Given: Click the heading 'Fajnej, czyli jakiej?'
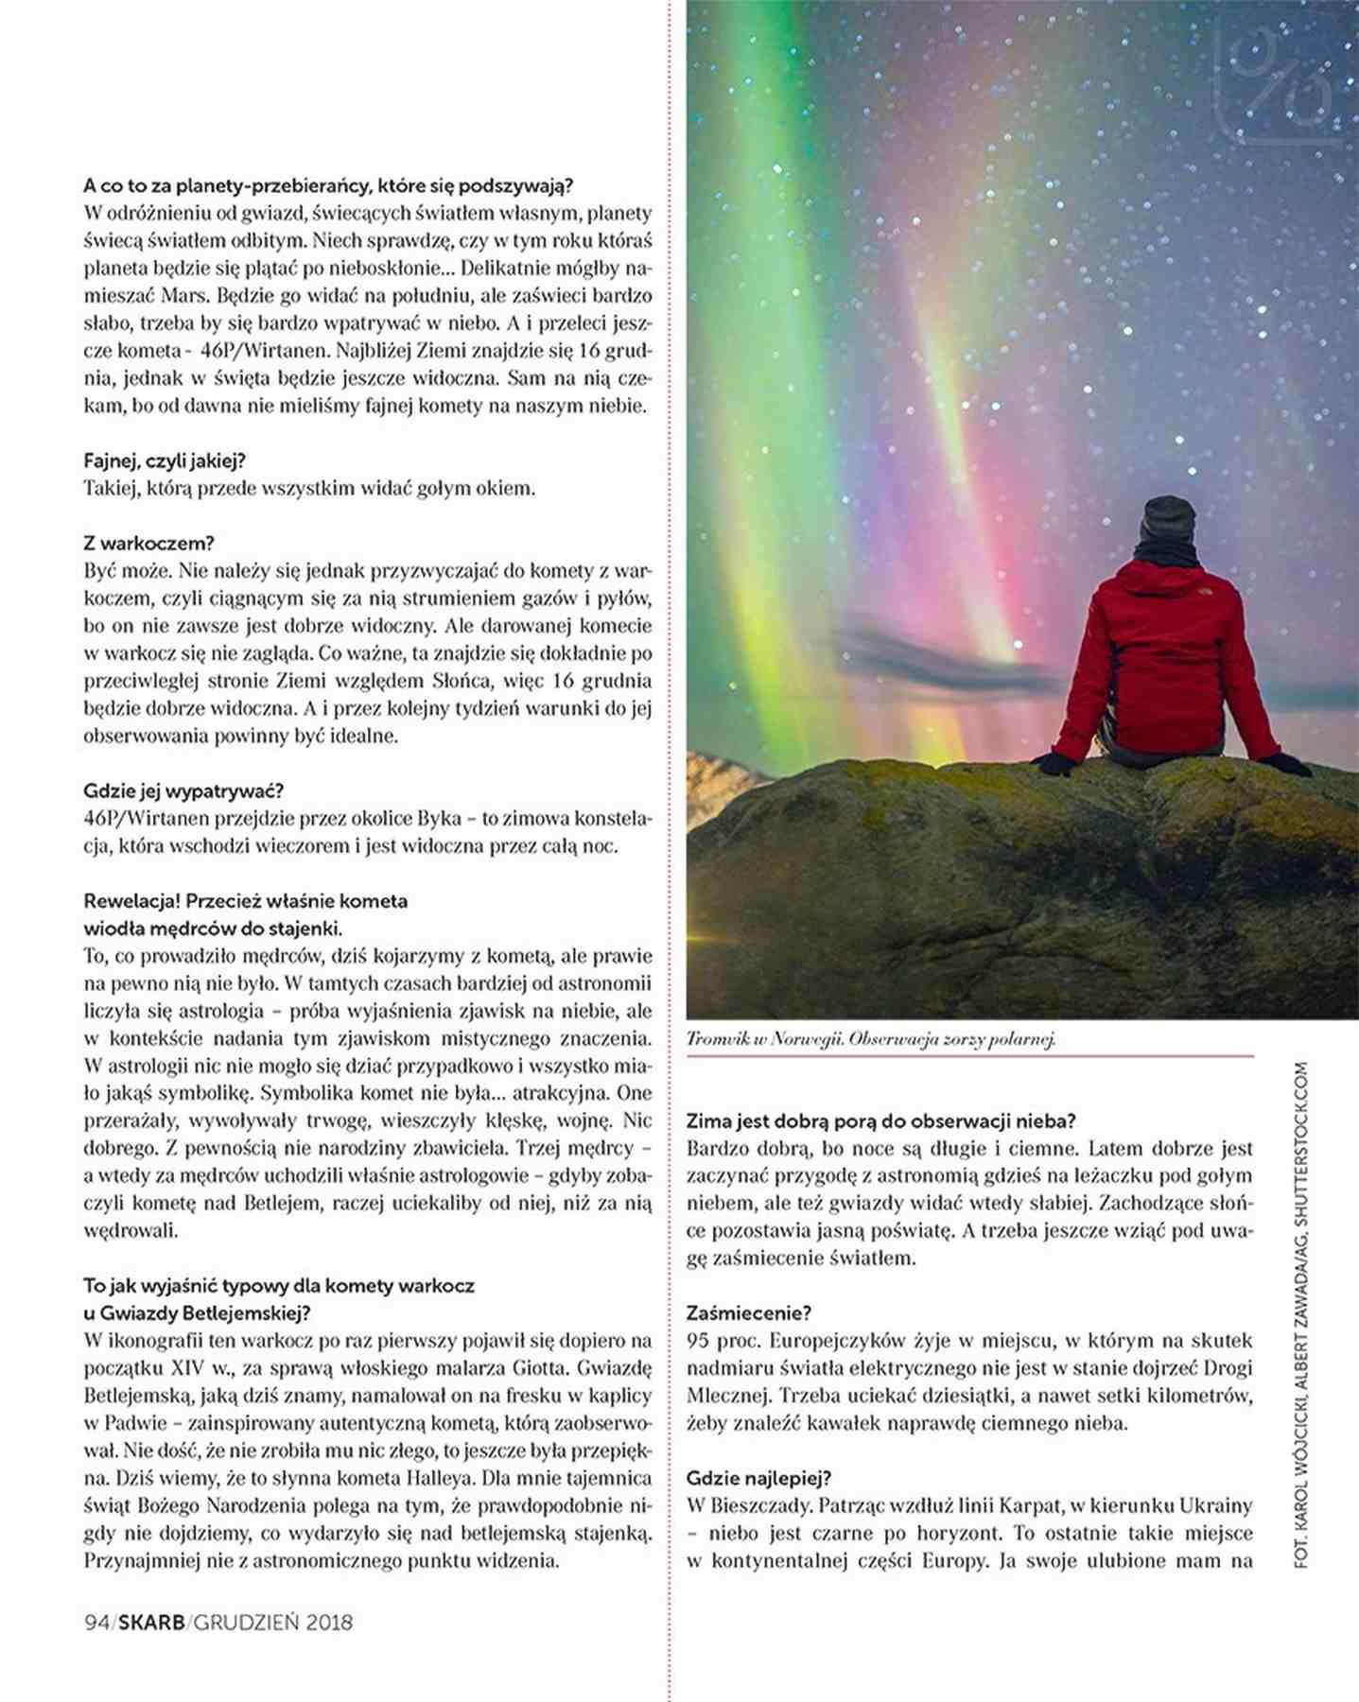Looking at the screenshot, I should pos(165,461).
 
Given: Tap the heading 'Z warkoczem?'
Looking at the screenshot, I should pos(148,544).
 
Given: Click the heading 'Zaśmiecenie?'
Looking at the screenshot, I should pos(749,1313).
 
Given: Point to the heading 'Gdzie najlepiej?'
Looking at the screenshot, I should pos(758,1478).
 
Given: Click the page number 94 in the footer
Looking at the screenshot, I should pos(96,1623).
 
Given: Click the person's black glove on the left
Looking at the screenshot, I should pos(1053,763).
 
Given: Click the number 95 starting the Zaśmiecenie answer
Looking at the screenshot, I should pos(699,1341).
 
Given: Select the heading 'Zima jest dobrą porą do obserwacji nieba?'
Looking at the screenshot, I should pos(881,1121).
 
